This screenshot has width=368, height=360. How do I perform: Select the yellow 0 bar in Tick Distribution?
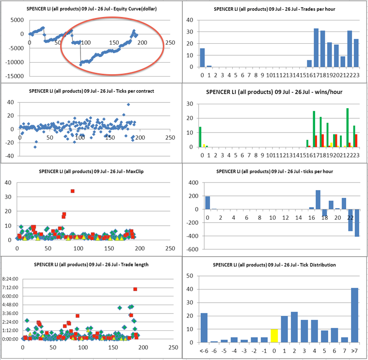pyautogui.click(x=274, y=336)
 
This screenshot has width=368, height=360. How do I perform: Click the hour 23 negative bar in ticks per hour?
pyautogui.click(x=357, y=223)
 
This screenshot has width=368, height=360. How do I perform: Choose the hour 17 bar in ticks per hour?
pyautogui.click(x=318, y=199)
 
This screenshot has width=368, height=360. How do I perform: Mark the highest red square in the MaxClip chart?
pyautogui.click(x=73, y=191)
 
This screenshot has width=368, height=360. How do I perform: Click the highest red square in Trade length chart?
pyautogui.click(x=135, y=289)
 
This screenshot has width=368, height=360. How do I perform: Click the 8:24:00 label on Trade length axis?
pyautogui.click(x=11, y=279)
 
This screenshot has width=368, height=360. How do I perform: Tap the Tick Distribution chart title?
pyautogui.click(x=275, y=265)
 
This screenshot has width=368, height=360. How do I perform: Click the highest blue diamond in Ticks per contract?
pyautogui.click(x=128, y=105)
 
